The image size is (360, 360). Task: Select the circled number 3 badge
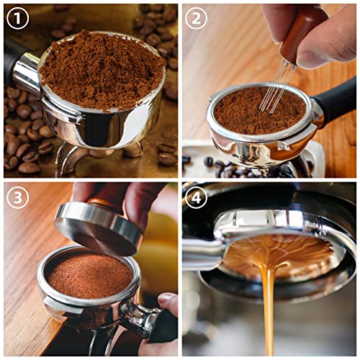[x=18, y=197]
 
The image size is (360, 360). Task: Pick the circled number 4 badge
[x=197, y=197]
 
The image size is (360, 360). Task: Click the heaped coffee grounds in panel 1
[x=101, y=69]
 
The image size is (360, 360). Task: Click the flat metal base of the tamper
[x=96, y=227]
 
